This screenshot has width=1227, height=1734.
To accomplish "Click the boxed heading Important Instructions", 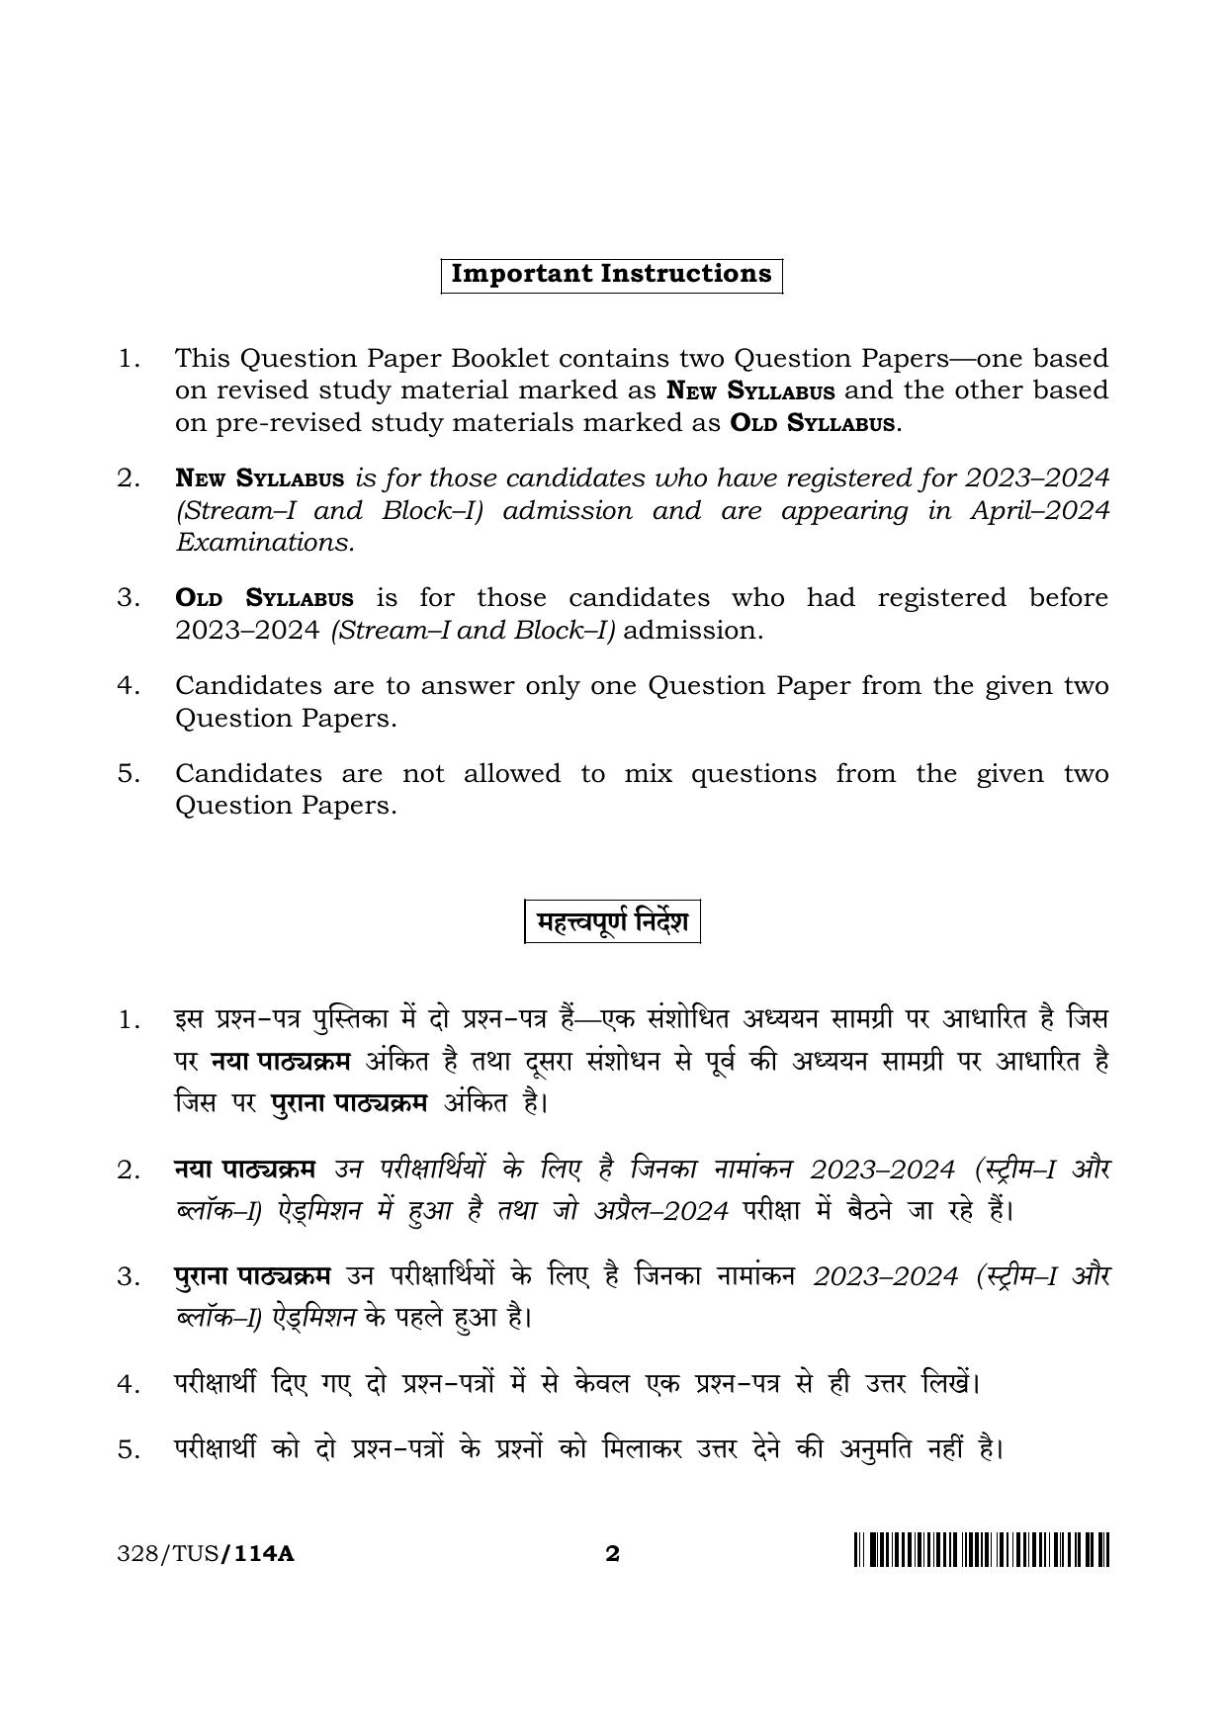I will (x=611, y=275).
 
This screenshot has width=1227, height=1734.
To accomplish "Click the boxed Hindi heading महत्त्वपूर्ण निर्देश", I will (x=612, y=921).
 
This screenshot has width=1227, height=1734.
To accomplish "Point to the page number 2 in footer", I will (x=612, y=1554).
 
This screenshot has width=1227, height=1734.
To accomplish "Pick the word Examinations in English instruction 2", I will (x=264, y=543).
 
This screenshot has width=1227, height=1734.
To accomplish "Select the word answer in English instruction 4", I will (x=468, y=685).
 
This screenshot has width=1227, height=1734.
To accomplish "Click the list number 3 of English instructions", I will (x=127, y=598).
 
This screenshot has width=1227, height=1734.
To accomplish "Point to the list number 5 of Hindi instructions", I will (x=128, y=1451).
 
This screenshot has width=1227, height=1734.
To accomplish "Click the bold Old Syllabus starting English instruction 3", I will (x=264, y=598).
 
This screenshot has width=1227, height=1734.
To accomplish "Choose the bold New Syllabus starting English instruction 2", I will (x=259, y=478).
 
